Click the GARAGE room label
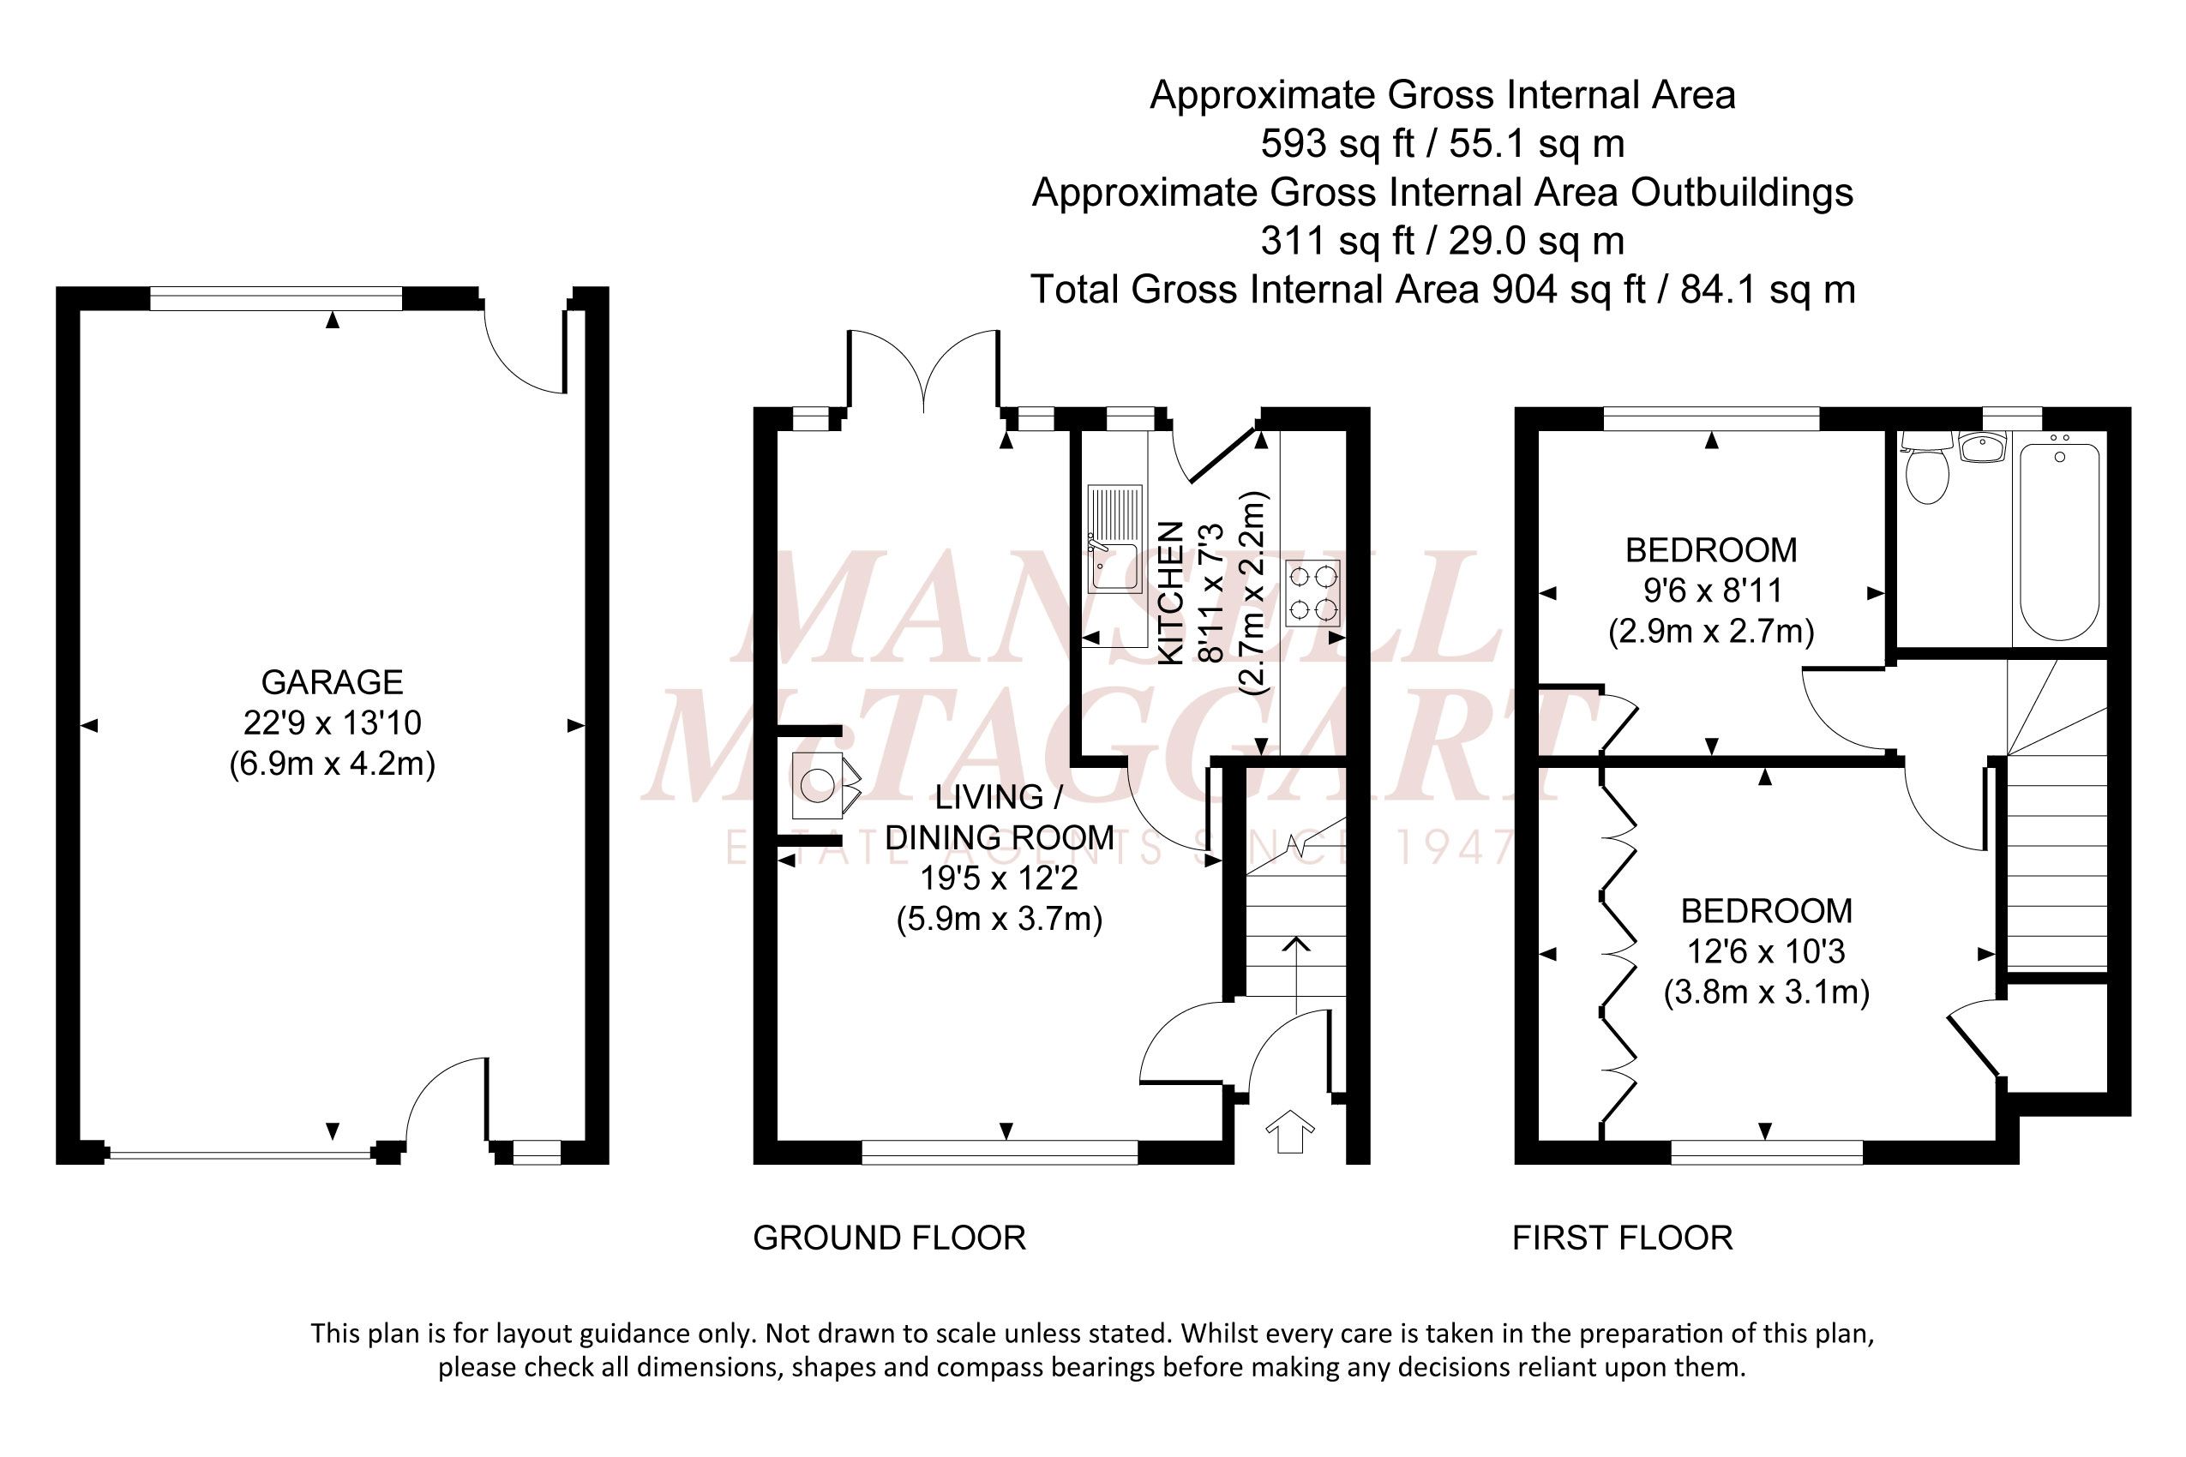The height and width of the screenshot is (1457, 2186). pos(332,682)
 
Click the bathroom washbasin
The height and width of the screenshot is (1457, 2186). pos(1983,446)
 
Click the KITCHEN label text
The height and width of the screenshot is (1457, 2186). pos(1171,593)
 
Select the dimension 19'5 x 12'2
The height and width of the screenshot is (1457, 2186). pos(999,878)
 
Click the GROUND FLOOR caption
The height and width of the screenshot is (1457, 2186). pos(890,1238)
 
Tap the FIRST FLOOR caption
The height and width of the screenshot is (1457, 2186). pos(1623,1238)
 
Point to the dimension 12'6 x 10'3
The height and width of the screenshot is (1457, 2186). pos(1766,951)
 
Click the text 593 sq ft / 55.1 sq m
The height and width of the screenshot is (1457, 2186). pos(1443,144)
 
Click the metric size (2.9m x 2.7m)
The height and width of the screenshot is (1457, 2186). pos(1711,632)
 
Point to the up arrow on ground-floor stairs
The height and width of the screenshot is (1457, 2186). pos(1296,975)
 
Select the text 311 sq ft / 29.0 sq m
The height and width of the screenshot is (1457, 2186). pos(1443,241)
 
